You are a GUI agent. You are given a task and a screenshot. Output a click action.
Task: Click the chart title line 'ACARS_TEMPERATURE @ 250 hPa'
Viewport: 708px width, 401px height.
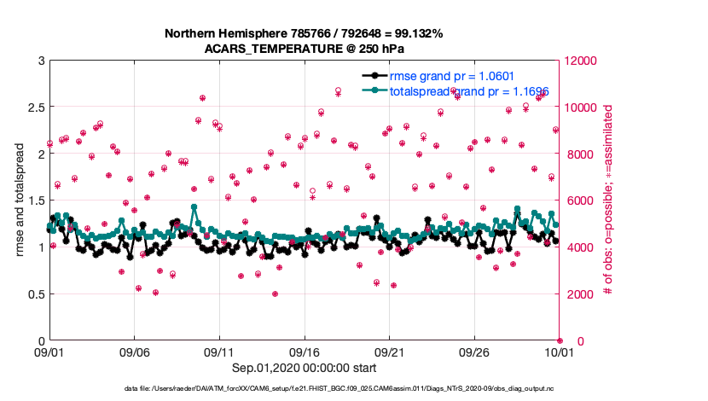(304, 48)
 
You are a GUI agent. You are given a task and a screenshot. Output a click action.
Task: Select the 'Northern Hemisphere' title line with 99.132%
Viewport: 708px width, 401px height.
(304, 33)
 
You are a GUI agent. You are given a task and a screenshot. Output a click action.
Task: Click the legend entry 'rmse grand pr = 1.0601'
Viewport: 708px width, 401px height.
(451, 75)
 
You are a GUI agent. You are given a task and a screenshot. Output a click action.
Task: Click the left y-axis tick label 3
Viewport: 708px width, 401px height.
(40, 61)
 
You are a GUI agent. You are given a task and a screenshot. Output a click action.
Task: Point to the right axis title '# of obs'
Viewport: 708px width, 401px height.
(608, 200)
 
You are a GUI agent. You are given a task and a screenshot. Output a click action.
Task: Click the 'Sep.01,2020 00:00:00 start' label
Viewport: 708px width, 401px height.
(304, 368)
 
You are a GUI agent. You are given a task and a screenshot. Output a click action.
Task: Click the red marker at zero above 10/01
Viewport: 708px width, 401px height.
(560, 341)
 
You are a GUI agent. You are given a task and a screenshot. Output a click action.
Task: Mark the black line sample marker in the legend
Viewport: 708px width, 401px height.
(371, 75)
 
